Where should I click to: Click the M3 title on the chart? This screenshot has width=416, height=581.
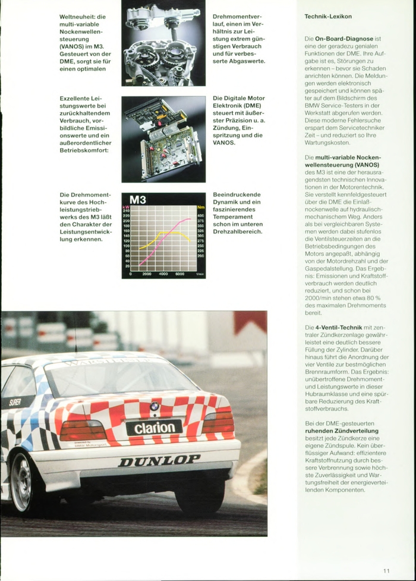pos(138,200)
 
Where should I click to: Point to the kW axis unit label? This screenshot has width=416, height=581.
pos(126,206)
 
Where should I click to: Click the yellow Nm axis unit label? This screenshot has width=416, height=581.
pos(200,208)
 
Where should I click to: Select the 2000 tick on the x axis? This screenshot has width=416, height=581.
pos(147,274)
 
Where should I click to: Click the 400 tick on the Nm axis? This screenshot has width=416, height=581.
pos(201,216)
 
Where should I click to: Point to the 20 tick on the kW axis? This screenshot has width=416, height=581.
pos(126,266)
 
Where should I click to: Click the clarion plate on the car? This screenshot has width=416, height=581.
pos(154,428)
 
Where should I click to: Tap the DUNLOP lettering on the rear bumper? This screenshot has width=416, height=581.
pos(159,460)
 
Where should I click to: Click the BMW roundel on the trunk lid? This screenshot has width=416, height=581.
pos(155,406)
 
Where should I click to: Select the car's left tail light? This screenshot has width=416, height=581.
pos(83,429)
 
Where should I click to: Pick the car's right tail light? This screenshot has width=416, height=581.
pos(218,422)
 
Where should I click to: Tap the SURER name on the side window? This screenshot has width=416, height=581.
pos(14,402)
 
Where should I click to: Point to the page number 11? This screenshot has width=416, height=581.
pos(387,570)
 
